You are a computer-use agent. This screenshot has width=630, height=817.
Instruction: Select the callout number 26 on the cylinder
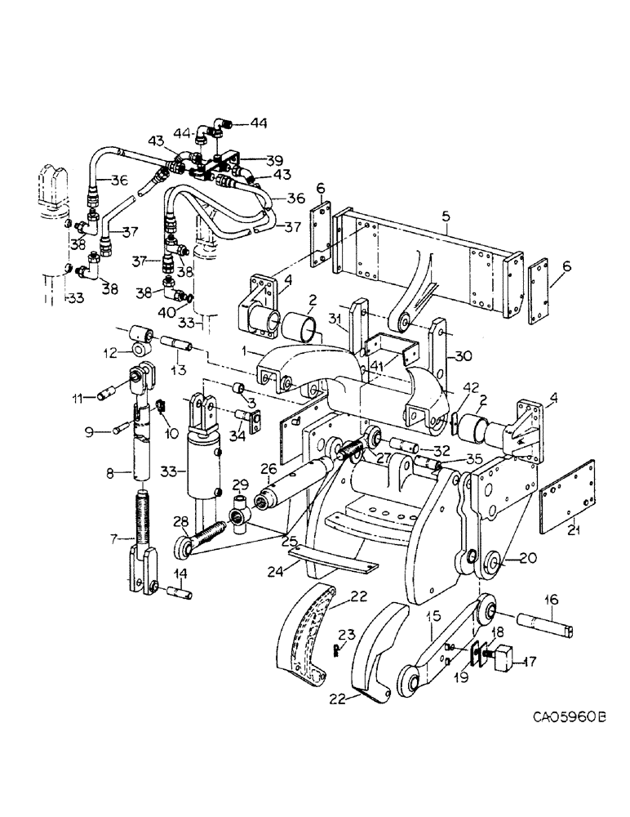(x=270, y=467)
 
